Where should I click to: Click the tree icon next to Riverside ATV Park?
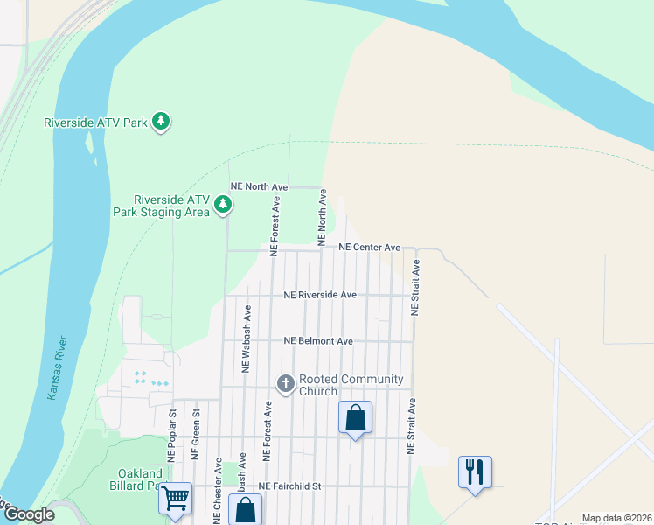(160, 122)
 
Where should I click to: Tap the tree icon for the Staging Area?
(224, 205)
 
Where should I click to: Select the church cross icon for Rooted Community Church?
(285, 384)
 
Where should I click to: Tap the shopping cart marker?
(176, 499)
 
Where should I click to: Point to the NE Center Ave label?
(369, 248)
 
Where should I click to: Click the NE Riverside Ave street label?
(320, 295)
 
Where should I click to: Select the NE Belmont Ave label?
(318, 341)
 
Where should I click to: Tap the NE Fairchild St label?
(290, 486)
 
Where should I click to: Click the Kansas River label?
(54, 367)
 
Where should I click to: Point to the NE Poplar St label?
(171, 436)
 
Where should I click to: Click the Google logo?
(29, 515)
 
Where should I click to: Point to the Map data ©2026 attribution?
(616, 519)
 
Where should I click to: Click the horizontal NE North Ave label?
(259, 186)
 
